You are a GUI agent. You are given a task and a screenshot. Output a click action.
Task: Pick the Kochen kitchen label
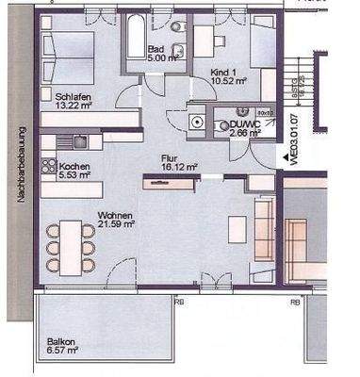point(72,164)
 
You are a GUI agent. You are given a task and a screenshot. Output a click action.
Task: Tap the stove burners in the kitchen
point(47,165)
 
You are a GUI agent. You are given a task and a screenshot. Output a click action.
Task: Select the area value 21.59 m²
point(116,224)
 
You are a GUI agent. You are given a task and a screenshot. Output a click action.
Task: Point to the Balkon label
point(61,343)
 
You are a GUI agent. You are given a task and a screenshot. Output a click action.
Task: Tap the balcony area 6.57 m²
point(64,352)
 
